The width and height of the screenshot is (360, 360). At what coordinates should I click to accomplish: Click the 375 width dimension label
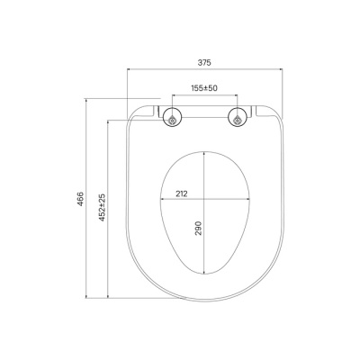click(204, 62)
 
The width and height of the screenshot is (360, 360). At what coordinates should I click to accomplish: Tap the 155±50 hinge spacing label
click(204, 88)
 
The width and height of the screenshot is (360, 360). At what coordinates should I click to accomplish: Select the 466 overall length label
click(80, 199)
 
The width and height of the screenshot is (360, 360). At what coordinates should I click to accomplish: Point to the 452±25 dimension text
click(103, 207)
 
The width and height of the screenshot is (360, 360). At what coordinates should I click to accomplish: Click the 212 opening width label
click(181, 193)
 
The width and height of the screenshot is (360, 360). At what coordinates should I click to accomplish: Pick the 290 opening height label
click(198, 229)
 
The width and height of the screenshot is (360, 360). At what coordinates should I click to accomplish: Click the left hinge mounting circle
click(173, 117)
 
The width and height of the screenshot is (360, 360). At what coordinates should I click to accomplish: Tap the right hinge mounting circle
click(238, 117)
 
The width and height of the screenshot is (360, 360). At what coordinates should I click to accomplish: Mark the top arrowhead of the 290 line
click(204, 154)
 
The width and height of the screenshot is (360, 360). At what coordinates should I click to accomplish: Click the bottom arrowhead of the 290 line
click(204, 272)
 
